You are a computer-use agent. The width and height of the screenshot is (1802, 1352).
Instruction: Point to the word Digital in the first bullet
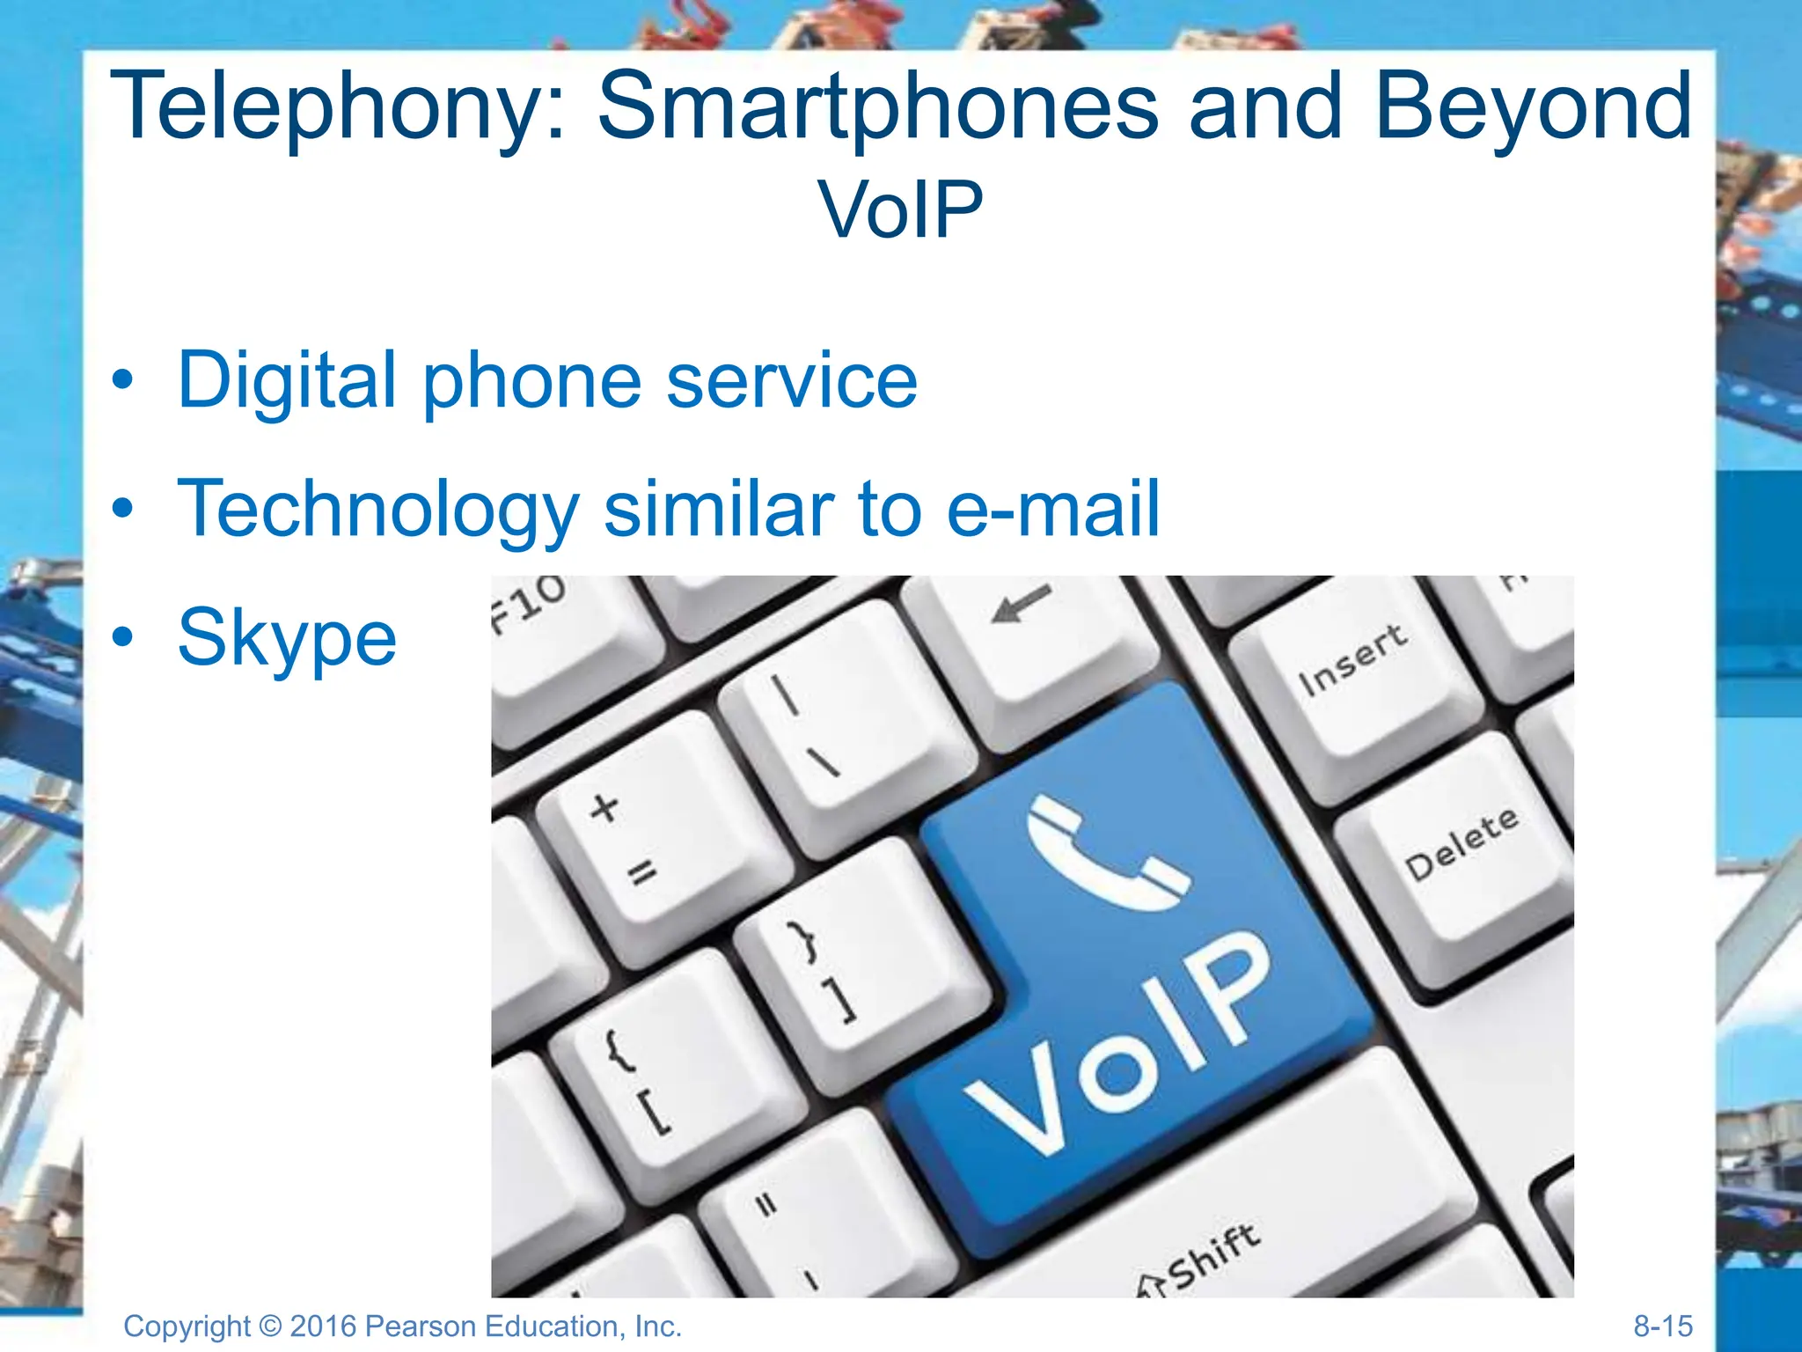click(287, 380)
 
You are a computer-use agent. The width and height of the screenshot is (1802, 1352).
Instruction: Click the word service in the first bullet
click(792, 380)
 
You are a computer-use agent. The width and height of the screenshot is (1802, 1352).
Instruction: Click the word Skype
click(287, 638)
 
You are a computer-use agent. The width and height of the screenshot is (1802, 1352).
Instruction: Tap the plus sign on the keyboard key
click(604, 807)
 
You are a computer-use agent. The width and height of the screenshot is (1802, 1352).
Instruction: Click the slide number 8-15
click(1662, 1326)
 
